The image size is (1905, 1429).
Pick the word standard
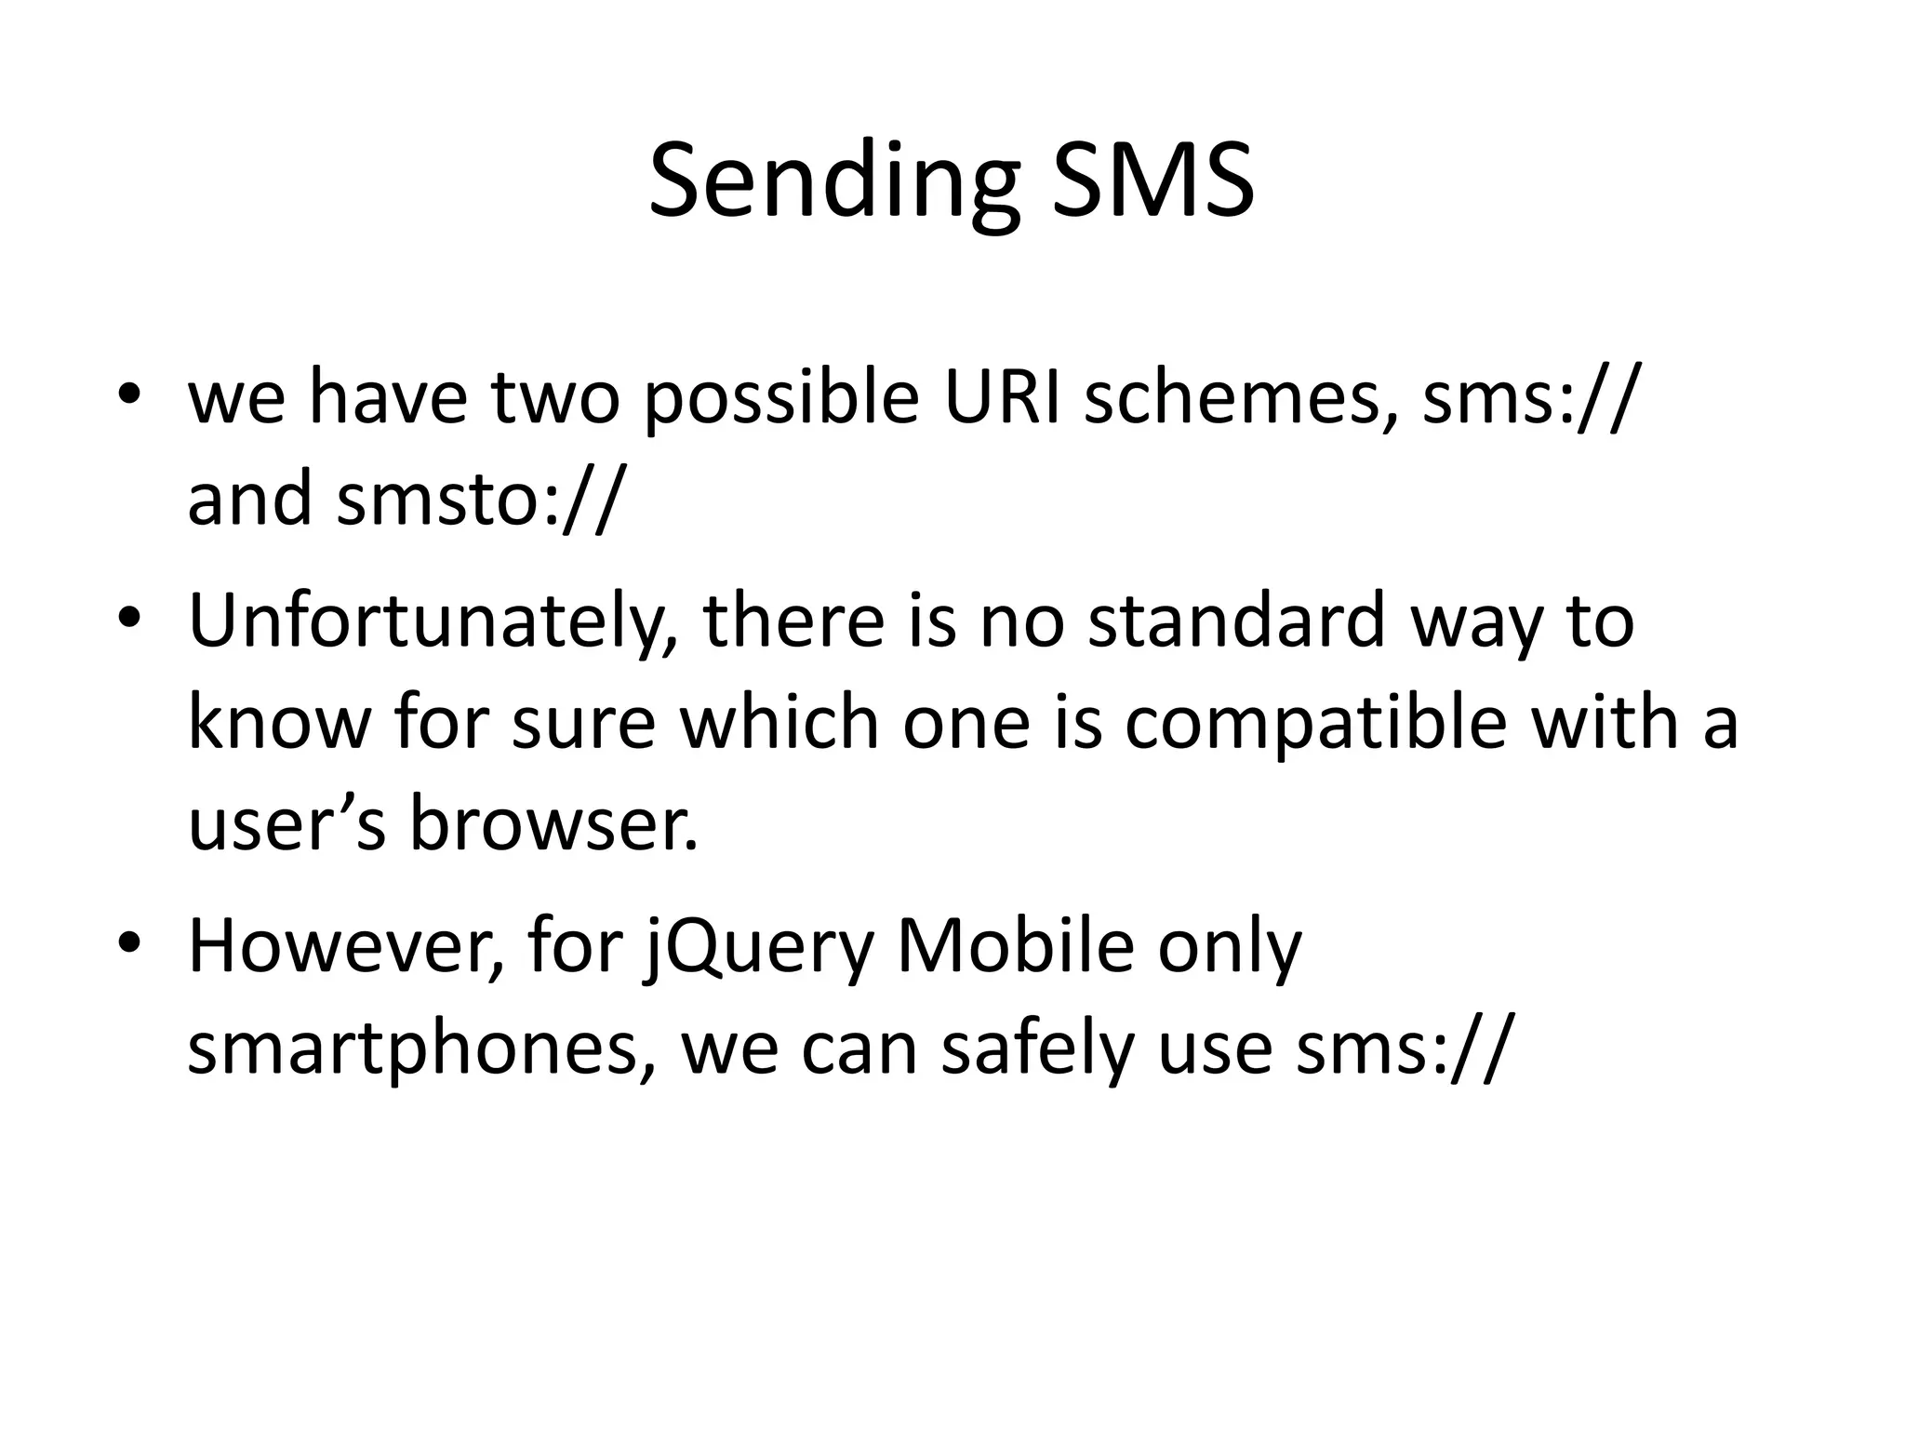pyautogui.click(x=1237, y=620)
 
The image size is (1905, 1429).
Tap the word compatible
pyautogui.click(x=1315, y=722)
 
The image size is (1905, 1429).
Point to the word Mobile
pyautogui.click(x=1015, y=945)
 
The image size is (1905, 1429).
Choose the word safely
pyautogui.click(x=1038, y=1048)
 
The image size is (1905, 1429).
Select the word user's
pyautogui.click(x=286, y=824)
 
